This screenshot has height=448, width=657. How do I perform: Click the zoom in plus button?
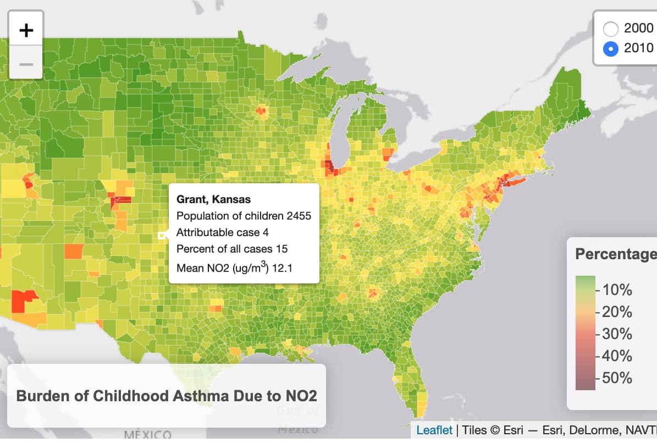click(x=26, y=30)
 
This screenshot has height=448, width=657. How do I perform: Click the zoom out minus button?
click(x=26, y=64)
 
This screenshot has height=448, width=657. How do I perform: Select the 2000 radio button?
click(x=611, y=28)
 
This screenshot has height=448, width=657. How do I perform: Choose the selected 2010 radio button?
click(x=611, y=48)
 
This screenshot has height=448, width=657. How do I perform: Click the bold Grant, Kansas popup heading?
click(x=213, y=199)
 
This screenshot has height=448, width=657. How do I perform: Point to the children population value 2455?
click(x=299, y=216)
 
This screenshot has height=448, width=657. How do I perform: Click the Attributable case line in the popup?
click(x=222, y=232)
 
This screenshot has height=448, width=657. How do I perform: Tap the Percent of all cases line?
click(x=231, y=249)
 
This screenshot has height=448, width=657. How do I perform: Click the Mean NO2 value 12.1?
click(x=285, y=268)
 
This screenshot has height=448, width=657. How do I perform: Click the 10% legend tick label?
click(x=617, y=290)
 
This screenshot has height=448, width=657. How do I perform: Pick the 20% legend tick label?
click(x=617, y=312)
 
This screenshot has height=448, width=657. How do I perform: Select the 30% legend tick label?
click(x=617, y=334)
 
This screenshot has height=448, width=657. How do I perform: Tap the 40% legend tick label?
click(x=617, y=356)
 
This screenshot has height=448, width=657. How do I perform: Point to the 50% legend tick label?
click(x=617, y=378)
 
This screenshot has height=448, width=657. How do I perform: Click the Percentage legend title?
click(x=615, y=254)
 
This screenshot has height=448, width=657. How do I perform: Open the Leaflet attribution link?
click(x=434, y=430)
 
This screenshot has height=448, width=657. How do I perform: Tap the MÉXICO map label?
click(x=147, y=435)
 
